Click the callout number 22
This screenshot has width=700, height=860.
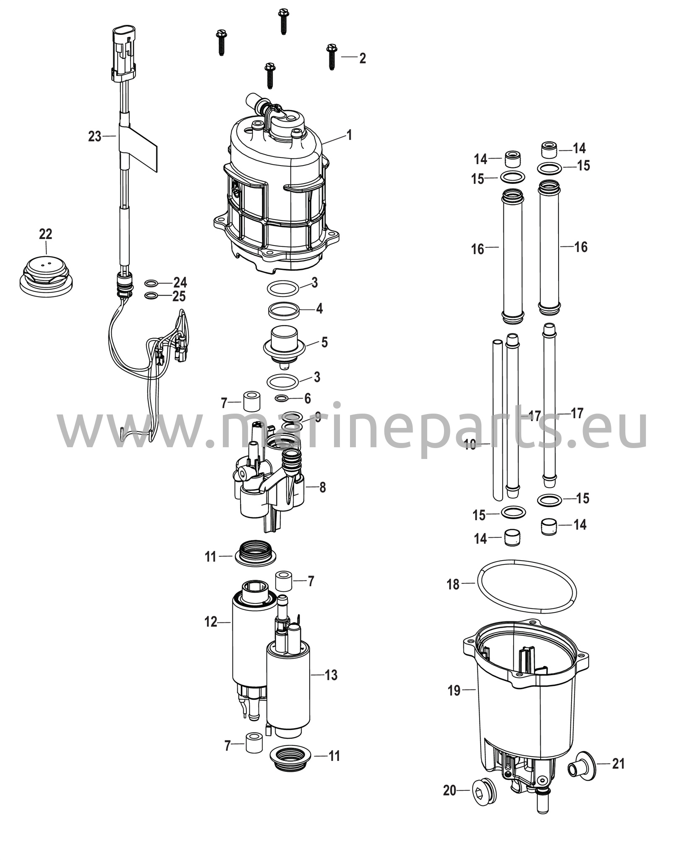[x=46, y=234]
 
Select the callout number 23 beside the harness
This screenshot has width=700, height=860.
[x=95, y=136]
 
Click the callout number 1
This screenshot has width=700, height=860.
[x=349, y=135]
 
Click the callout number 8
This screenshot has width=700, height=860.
[x=322, y=488]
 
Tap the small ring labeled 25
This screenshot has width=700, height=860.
[x=151, y=296]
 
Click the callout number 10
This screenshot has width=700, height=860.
[x=471, y=445]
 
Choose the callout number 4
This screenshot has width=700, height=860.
[x=319, y=309]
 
